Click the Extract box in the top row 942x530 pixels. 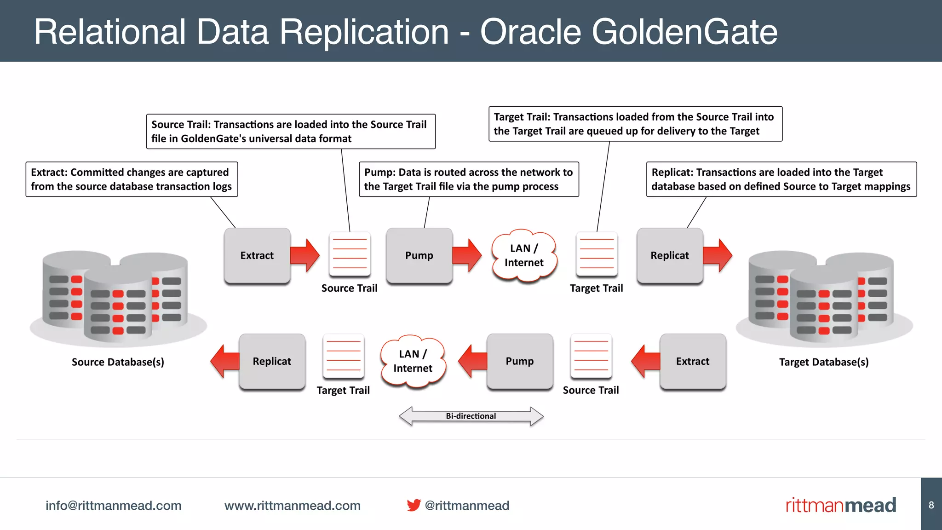257,255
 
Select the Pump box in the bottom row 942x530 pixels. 520,361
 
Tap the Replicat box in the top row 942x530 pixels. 669,255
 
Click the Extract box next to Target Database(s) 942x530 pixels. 692,361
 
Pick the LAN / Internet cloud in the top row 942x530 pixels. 524,255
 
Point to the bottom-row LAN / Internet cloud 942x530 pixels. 413,361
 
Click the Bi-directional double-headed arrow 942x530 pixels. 471,416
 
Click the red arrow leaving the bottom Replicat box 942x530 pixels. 225,361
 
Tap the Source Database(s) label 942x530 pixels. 118,362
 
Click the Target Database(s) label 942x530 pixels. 824,362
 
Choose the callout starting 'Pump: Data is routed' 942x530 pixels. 468,179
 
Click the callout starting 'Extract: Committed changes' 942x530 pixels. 132,179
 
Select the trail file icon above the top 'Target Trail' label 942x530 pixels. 597,254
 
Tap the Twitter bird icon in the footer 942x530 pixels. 414,505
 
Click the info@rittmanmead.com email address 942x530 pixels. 113,506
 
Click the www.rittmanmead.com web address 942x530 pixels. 292,506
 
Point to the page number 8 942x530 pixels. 931,505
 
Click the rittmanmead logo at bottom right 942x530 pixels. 840,505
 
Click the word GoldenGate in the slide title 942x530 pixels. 684,32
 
